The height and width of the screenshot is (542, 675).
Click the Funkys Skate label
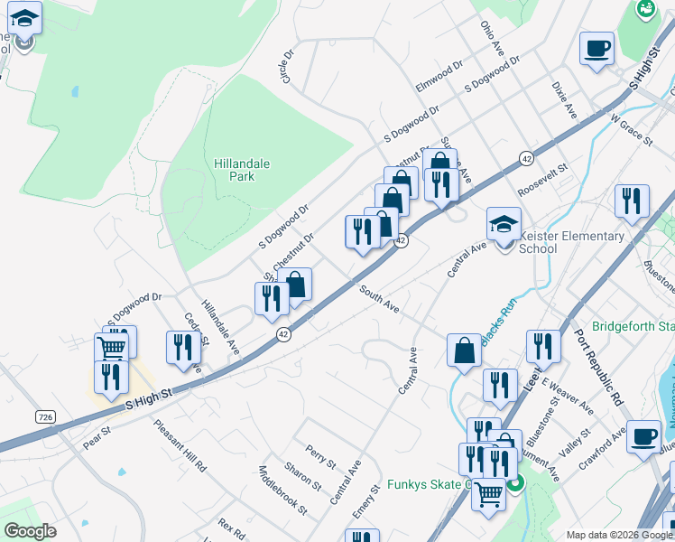[x=430, y=484]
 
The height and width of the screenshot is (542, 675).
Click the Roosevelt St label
[x=543, y=181]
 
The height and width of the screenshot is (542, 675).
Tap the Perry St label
[x=320, y=456]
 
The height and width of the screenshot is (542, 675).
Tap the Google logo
[x=30, y=531]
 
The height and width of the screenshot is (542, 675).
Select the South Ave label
[x=379, y=300]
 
